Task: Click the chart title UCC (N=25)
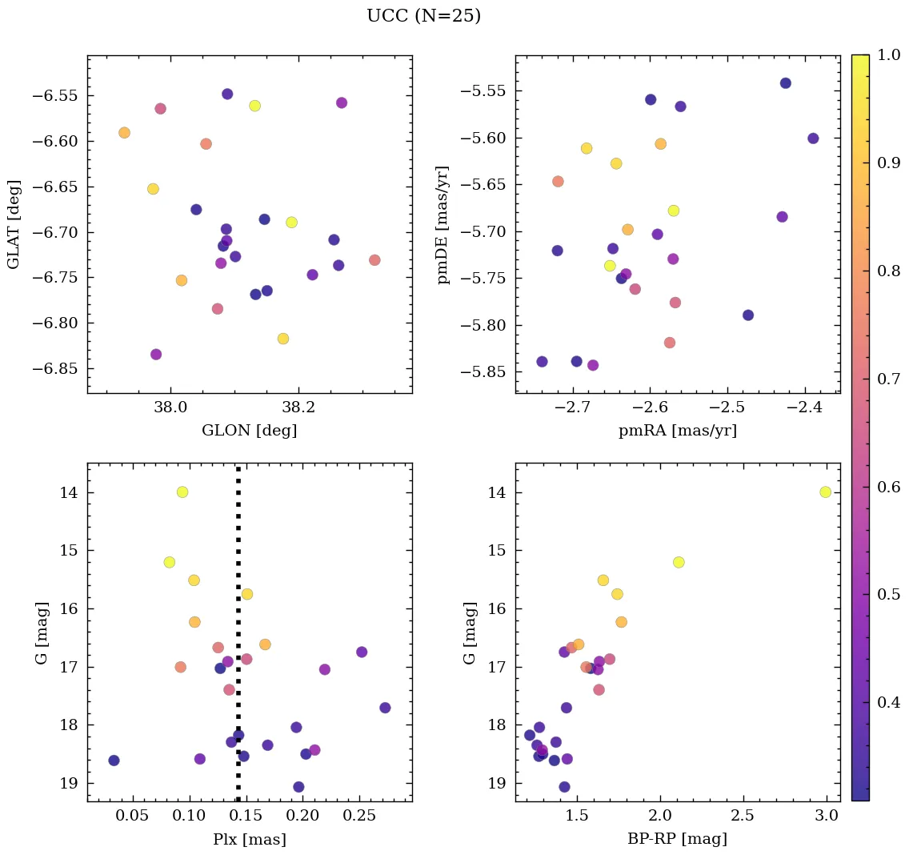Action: (423, 16)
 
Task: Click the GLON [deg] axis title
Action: (250, 431)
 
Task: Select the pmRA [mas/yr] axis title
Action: (677, 431)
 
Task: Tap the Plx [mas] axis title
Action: (250, 839)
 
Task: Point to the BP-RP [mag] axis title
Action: (677, 839)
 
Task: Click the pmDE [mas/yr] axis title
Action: (443, 224)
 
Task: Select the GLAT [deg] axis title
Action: (14, 224)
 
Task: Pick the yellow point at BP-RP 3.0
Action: (825, 492)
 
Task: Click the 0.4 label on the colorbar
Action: (888, 702)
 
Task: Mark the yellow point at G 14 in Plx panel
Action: (182, 492)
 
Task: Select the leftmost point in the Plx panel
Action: (114, 760)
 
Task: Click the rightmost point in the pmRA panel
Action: (813, 138)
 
